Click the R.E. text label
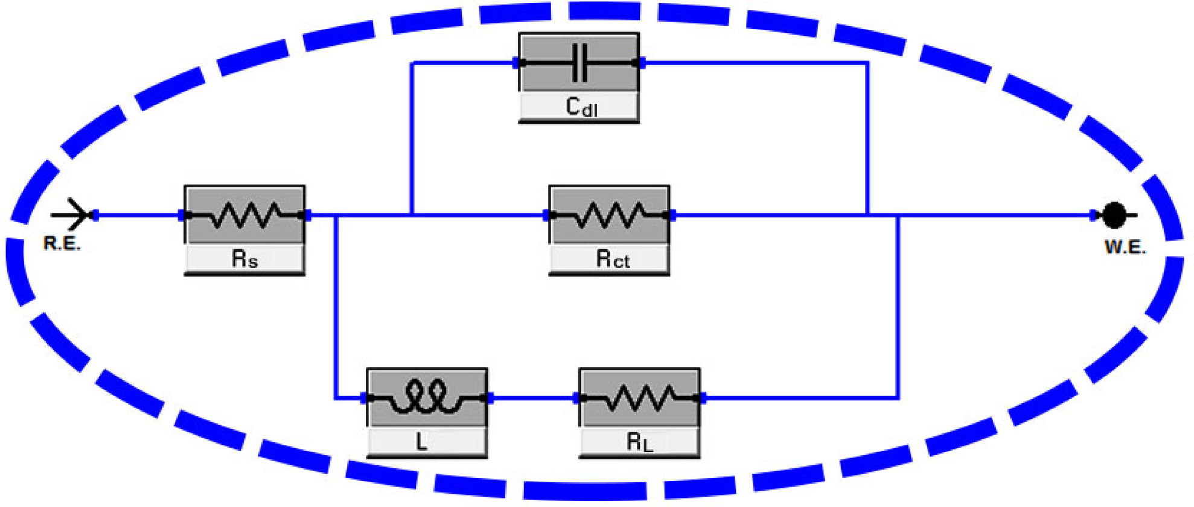62,244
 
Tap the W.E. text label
1125,247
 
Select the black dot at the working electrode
1114,215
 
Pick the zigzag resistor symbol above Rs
244,215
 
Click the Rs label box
244,260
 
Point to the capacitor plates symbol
579,62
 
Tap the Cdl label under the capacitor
579,107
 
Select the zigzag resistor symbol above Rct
610,215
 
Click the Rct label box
610,260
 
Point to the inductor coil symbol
426,397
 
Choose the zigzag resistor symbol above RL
640,398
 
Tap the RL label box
640,442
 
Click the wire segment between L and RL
532,398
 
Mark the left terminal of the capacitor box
517,62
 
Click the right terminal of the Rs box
307,215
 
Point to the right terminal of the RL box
702,398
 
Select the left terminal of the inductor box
365,398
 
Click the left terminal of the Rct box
547,215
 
